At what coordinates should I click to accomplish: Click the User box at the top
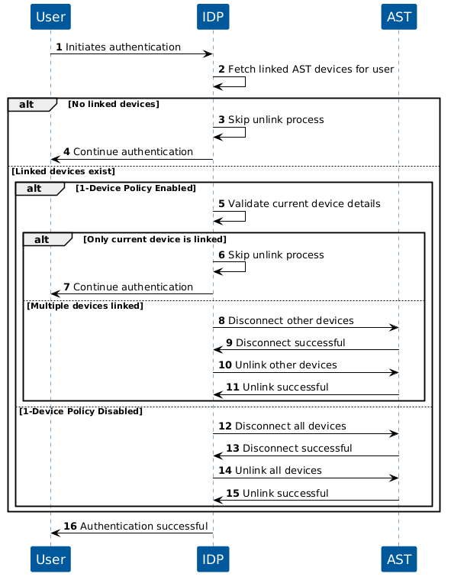click(50, 15)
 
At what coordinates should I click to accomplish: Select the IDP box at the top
click(213, 15)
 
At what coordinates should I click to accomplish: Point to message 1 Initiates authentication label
click(123, 47)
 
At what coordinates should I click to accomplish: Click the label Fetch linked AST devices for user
click(311, 70)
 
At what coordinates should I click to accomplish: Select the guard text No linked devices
click(113, 104)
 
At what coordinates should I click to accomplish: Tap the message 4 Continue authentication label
click(133, 152)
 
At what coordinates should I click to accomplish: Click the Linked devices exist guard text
click(63, 172)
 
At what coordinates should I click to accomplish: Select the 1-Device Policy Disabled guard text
click(80, 411)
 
